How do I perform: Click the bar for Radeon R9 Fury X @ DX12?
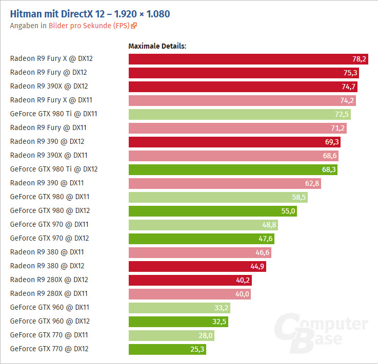[x=248, y=59]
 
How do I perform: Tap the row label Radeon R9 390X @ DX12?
[x=49, y=86]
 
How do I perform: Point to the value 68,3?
[x=329, y=169]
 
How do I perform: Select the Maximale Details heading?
[x=157, y=46]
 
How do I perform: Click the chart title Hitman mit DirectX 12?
[x=90, y=13]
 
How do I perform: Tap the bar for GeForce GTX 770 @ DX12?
[x=167, y=349]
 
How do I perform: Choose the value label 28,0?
[x=206, y=335]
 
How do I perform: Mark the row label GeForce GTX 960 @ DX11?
[x=49, y=307]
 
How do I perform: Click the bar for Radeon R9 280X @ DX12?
[x=190, y=280]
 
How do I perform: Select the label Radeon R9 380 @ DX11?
[x=47, y=252]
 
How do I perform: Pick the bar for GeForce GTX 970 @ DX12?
[x=202, y=238]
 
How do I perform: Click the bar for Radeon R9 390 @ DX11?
[x=225, y=183]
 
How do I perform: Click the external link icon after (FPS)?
[x=134, y=26]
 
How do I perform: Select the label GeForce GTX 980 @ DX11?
[x=49, y=197]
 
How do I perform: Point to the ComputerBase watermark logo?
[x=320, y=332]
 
